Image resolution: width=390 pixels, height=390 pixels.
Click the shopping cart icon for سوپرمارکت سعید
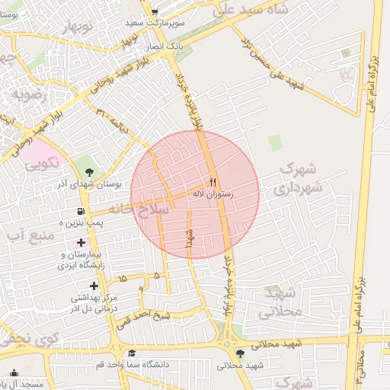[x=155, y=12]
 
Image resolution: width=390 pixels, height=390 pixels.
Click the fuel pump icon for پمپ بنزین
[x=80, y=212]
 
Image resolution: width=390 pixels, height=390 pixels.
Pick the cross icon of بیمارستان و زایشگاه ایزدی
[x=82, y=243]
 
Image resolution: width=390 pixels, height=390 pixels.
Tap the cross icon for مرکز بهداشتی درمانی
[x=94, y=286]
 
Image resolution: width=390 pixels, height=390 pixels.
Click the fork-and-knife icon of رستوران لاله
[x=212, y=183]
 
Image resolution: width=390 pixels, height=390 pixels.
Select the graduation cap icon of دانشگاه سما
[x=132, y=353]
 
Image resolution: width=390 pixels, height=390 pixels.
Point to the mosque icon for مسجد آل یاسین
[x=14, y=373]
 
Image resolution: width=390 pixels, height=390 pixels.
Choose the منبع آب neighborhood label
[x=29, y=235]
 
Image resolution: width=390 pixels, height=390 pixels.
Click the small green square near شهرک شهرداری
[x=274, y=142]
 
